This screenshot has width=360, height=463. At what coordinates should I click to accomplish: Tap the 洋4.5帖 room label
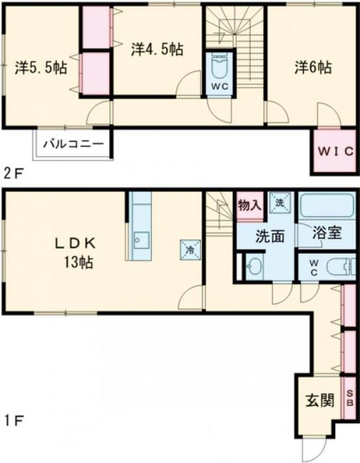157,49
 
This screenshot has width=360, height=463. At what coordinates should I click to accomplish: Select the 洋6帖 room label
312,68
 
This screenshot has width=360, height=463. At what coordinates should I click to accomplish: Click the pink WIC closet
334,151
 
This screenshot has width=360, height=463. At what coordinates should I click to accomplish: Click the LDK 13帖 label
76,250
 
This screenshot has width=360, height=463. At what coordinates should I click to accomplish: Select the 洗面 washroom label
265,234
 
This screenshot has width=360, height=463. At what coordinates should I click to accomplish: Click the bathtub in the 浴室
327,208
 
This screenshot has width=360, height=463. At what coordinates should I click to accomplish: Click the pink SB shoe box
350,399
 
